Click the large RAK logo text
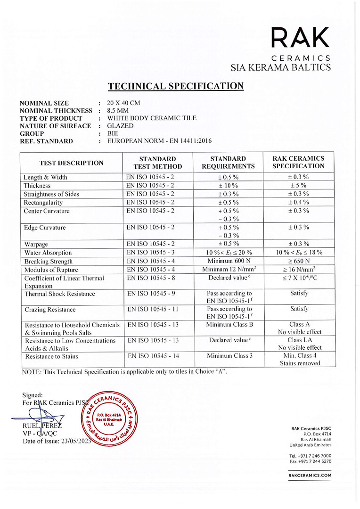tap(300, 38)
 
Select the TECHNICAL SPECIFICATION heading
tap(176, 86)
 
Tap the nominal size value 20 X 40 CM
tap(124, 103)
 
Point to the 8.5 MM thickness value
tap(118, 110)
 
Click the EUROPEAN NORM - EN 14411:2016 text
tap(160, 141)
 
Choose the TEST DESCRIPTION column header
tap(71, 163)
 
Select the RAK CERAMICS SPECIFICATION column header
tap(298, 162)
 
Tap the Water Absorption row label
tap(48, 253)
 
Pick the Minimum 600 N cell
tap(228, 261)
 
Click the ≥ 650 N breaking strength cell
tap(299, 261)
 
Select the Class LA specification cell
tap(299, 340)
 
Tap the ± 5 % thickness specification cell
tap(299, 186)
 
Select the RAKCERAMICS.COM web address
tap(310, 476)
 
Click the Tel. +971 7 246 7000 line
tap(310, 456)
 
